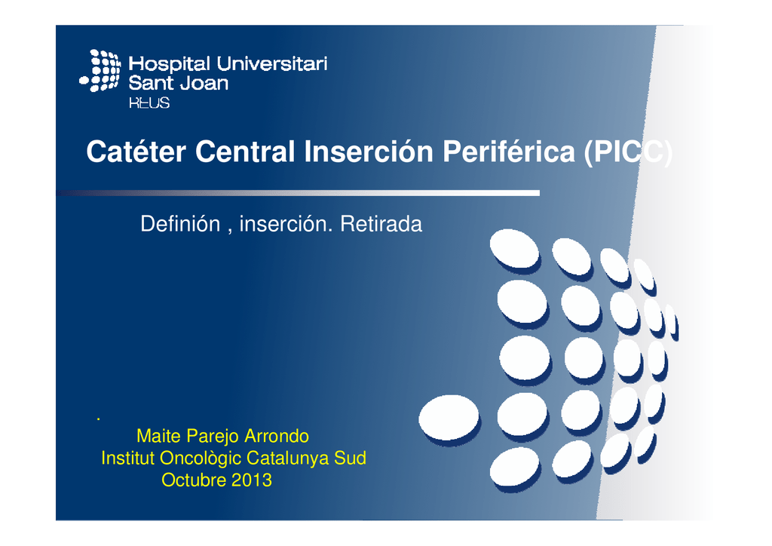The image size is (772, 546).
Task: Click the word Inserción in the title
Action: (x=368, y=152)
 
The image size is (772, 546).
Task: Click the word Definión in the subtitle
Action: (x=179, y=224)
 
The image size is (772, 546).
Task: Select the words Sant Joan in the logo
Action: (x=179, y=83)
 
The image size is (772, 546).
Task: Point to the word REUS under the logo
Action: (x=149, y=102)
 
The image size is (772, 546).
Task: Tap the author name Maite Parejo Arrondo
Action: (x=222, y=436)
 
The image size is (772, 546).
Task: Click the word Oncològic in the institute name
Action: (x=197, y=458)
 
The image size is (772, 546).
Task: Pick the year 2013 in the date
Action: (x=251, y=480)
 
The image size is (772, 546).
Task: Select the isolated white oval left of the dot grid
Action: (x=449, y=417)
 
